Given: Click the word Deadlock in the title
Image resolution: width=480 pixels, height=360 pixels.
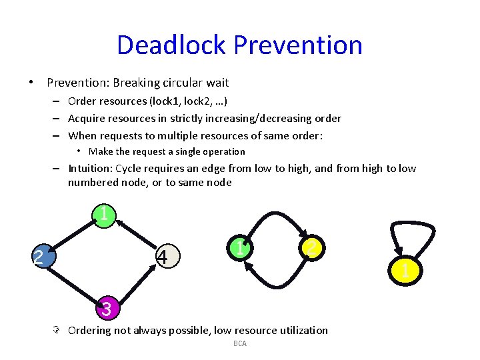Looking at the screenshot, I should point(172,45).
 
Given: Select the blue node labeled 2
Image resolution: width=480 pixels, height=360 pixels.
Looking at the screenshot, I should point(39,257).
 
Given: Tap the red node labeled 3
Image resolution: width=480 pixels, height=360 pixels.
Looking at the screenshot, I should point(105,309).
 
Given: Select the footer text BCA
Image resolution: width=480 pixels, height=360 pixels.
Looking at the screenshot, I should point(240,343).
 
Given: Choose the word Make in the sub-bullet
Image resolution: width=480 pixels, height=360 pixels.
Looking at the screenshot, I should point(100,151).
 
